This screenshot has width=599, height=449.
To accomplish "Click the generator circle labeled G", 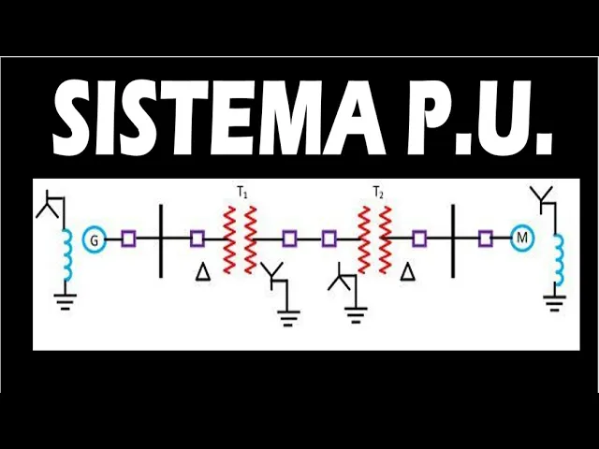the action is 94,240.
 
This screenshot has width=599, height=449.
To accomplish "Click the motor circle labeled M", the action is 522,239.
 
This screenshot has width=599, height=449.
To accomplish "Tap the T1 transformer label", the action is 241,193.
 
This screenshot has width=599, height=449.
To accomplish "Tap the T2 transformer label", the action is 378,193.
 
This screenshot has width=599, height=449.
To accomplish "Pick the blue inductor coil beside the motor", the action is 559,259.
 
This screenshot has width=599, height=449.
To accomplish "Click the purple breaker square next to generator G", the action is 128,239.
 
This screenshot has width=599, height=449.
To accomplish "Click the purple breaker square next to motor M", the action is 485,239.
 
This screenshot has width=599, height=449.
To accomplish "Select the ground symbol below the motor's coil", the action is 556,303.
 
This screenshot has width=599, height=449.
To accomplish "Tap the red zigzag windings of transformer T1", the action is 239,239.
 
